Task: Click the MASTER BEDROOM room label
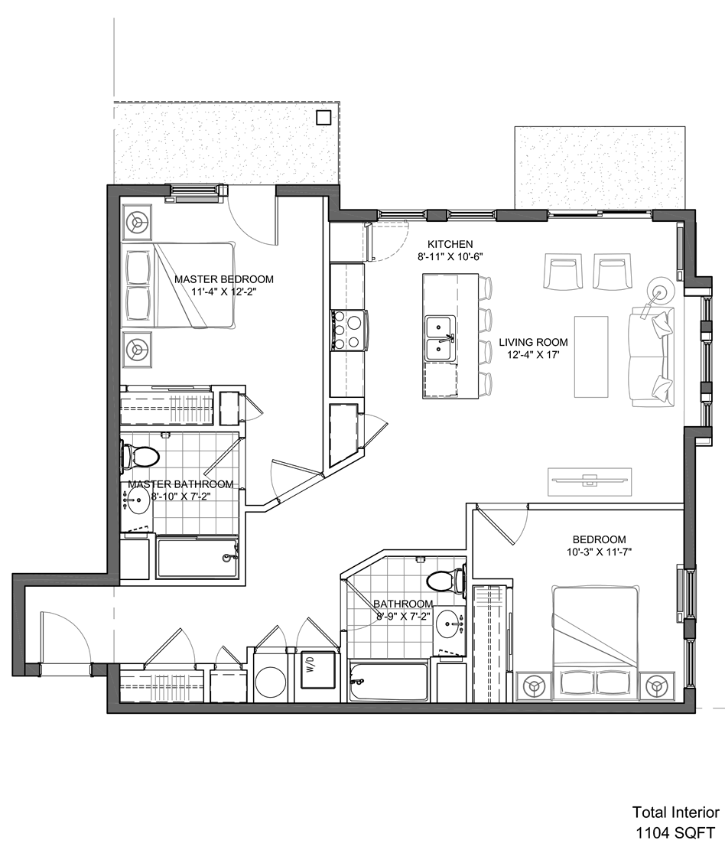[224, 280]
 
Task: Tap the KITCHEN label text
[450, 245]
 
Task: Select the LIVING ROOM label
[533, 343]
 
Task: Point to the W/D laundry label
[310, 665]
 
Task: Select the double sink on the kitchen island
[441, 340]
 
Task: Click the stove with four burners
[349, 329]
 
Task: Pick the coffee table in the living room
[591, 357]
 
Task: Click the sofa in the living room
[652, 357]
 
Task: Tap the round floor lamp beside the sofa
[661, 291]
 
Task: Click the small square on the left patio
[323, 118]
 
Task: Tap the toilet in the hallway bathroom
[447, 581]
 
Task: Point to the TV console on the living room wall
[590, 480]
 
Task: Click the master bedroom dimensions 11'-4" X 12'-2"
[224, 291]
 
